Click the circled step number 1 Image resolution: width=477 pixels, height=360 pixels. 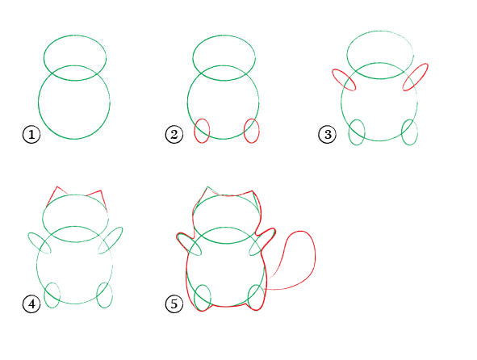click(31, 134)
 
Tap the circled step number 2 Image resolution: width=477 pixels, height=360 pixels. click(174, 134)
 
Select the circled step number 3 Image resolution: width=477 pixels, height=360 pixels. click(328, 134)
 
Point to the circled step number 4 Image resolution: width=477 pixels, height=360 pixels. click(31, 303)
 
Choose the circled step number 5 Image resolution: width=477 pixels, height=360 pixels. click(174, 303)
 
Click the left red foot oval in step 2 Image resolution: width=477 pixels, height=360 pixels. click(195, 131)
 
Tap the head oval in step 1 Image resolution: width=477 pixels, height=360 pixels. click(75, 36)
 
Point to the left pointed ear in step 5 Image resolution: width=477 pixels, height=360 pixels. click(207, 187)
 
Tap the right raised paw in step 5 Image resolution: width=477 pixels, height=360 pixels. click(268, 232)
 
